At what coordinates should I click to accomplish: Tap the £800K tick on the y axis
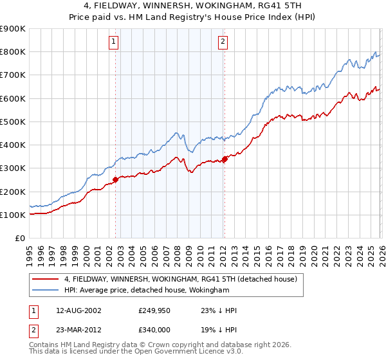coord(13,52)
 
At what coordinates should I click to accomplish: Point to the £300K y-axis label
coord(13,168)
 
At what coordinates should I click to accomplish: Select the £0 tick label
coord(19,239)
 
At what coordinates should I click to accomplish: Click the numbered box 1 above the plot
coord(113,42)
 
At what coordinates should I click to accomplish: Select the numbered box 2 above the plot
coord(223,42)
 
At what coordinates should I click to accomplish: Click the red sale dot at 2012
coord(225,159)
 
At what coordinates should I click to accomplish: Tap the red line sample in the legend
coord(46,280)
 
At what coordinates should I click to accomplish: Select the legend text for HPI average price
coord(147,291)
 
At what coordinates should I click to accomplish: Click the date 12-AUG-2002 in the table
coord(78,310)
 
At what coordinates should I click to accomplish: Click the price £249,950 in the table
coord(154,310)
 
